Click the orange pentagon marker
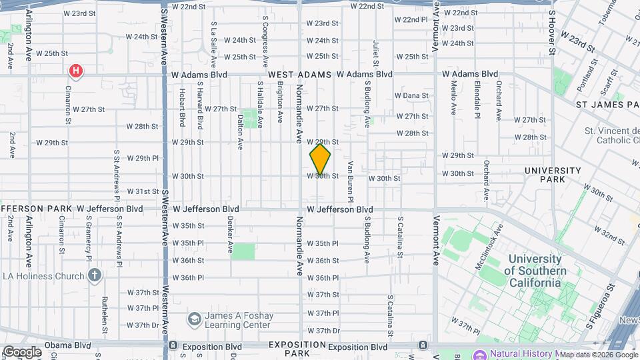click(320, 160)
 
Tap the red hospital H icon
click(77, 70)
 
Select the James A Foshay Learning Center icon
click(194, 319)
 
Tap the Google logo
click(21, 352)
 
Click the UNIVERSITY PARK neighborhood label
click(553, 175)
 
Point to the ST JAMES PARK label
click(607, 105)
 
